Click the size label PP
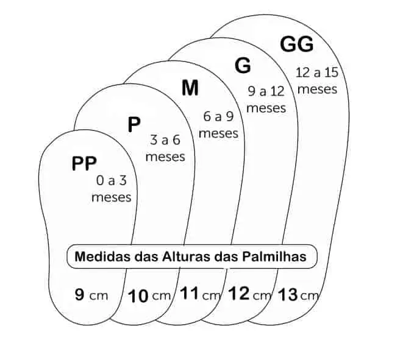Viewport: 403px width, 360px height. tap(84, 163)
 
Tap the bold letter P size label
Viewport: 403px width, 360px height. tap(134, 125)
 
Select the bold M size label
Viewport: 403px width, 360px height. tap(190, 88)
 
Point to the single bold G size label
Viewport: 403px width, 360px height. tap(243, 65)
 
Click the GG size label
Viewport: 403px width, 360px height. tap(296, 44)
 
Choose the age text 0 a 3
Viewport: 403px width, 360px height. tap(113, 180)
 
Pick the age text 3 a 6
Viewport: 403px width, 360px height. tap(165, 140)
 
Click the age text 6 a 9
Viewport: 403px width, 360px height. tap(218, 116)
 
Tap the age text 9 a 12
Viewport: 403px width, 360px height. tap(266, 91)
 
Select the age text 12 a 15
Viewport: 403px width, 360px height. tap(317, 72)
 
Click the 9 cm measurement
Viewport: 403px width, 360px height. tap(91, 295)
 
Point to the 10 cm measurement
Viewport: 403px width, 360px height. tap(150, 297)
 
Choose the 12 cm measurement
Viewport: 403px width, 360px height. tap(249, 295)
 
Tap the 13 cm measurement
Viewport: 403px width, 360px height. tap(298, 296)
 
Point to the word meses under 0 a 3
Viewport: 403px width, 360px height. tap(111, 197)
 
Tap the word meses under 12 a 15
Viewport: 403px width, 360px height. tap(319, 89)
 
